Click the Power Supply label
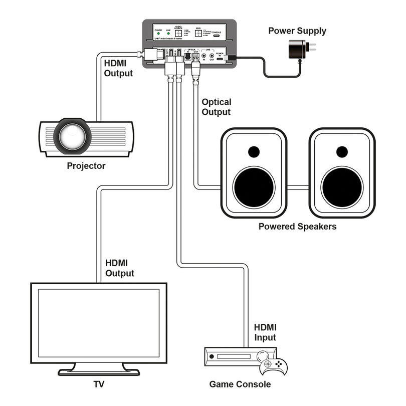[x=297, y=31]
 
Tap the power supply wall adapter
[x=296, y=50]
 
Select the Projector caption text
[x=86, y=166]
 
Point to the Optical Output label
[x=216, y=107]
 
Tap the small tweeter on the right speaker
[x=342, y=151]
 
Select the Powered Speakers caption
[x=297, y=227]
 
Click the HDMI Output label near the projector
[x=118, y=68]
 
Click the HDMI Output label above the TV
[x=120, y=268]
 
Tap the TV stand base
[x=99, y=371]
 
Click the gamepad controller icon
[x=273, y=366]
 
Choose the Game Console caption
[x=240, y=384]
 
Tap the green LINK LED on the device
[x=168, y=34]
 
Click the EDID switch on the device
[x=198, y=33]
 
